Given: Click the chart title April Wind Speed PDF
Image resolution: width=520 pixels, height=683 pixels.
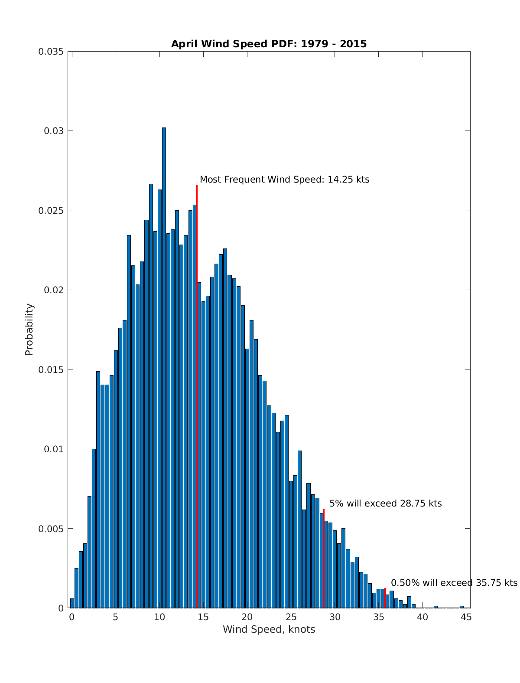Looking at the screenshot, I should tap(269, 44).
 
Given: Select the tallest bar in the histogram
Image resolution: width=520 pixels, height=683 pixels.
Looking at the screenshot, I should tap(164, 369).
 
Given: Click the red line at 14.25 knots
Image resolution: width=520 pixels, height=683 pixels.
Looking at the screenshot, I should tap(197, 390).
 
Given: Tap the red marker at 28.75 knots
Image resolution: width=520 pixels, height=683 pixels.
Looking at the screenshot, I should tap(324, 559).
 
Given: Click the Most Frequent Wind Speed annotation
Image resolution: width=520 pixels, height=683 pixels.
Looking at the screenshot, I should tap(284, 180).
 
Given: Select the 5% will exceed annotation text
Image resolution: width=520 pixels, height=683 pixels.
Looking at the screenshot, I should tap(385, 503).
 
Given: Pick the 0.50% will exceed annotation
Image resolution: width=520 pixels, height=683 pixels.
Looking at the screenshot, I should tap(454, 583).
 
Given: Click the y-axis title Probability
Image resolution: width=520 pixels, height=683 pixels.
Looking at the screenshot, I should tap(29, 330).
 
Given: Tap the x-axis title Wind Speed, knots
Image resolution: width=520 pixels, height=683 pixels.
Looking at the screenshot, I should tap(269, 629).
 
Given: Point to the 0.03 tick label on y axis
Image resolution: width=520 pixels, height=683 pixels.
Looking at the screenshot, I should tap(53, 131).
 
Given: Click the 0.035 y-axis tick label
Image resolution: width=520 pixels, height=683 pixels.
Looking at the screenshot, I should tap(51, 52).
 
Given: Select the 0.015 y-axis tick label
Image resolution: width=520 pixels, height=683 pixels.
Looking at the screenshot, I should tap(51, 369).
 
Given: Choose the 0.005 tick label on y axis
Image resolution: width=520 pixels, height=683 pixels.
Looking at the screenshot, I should tap(51, 529).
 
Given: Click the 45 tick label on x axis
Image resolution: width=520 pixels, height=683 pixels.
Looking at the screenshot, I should tap(466, 617).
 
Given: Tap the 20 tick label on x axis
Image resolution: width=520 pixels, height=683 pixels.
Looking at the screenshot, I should tap(247, 617).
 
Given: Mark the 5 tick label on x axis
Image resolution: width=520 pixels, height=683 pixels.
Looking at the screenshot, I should tap(115, 617).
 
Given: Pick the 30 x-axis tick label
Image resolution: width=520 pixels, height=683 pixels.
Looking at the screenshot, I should tap(335, 617).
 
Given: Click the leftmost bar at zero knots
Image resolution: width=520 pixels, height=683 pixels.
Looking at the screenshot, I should tap(72, 604).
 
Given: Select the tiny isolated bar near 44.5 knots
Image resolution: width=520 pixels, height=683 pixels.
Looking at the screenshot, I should tap(461, 607).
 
